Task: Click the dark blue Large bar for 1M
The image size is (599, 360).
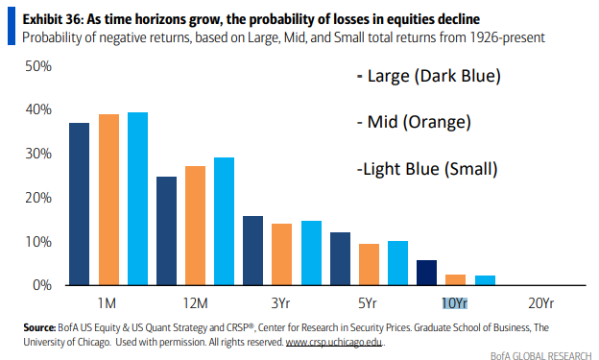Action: tap(79, 204)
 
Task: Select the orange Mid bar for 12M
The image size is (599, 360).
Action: tap(195, 226)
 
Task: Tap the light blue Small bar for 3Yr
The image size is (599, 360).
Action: tap(311, 253)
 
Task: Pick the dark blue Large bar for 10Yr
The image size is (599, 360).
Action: tap(427, 273)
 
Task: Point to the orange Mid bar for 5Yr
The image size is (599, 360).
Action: tap(369, 264)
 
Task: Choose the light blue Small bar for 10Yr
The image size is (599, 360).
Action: tap(485, 280)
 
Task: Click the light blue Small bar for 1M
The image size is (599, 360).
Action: tap(137, 199)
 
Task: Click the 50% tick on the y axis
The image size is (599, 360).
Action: tap(38, 66)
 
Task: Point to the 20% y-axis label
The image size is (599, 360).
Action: tap(38, 198)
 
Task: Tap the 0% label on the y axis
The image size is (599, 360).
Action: tap(42, 285)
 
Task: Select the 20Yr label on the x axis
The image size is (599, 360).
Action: tap(541, 303)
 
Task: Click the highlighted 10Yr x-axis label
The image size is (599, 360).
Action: tap(455, 303)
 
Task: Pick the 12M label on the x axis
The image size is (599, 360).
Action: tap(195, 303)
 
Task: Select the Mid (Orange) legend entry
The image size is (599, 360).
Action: tap(414, 122)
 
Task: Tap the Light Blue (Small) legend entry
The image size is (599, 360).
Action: tap(427, 169)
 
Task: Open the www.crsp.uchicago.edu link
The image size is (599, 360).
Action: tap(334, 342)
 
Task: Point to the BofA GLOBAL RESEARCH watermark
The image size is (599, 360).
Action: tap(541, 355)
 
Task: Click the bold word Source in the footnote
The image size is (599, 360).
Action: tap(39, 327)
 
